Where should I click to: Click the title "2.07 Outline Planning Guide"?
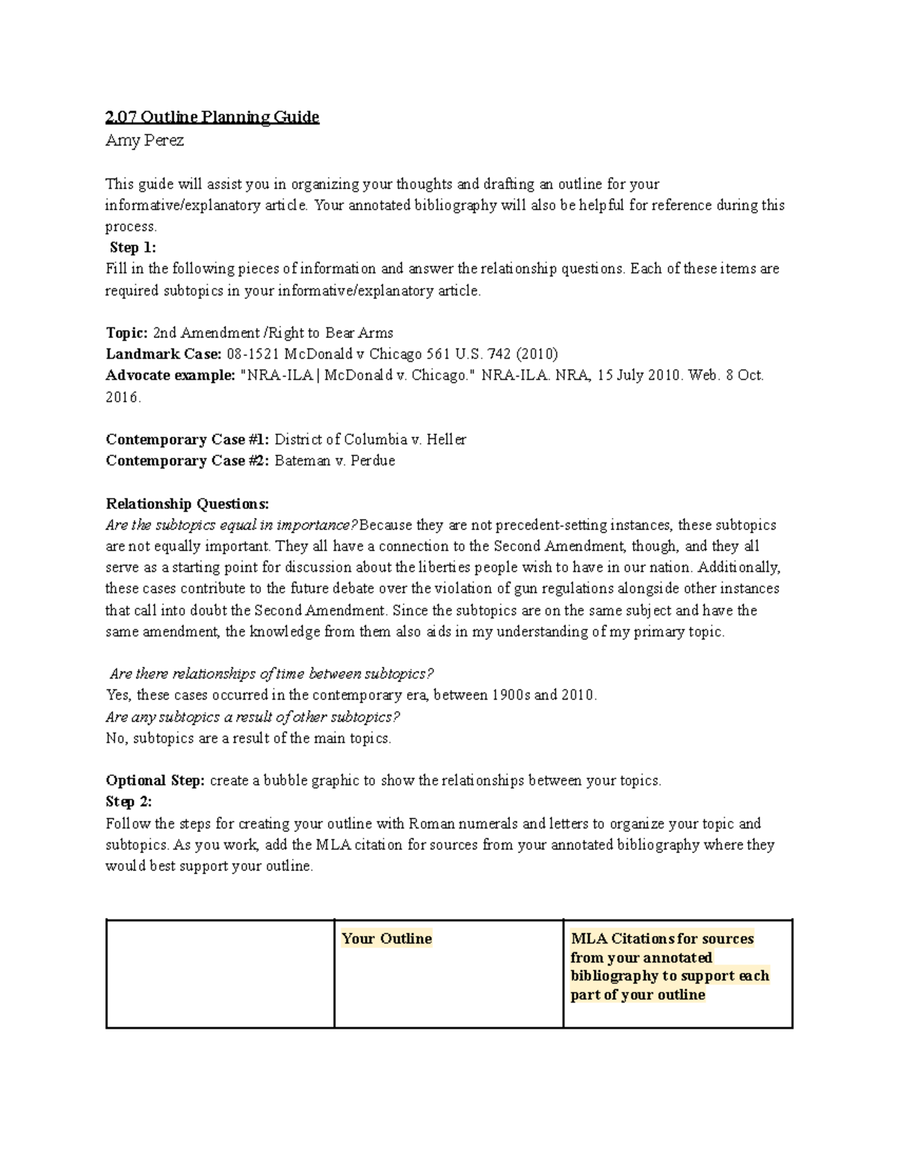pos(212,117)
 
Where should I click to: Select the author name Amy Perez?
pos(144,141)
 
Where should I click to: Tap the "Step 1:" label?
pos(132,247)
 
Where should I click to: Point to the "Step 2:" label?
pos(129,801)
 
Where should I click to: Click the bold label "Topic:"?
pos(126,333)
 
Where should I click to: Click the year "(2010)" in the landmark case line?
pos(537,354)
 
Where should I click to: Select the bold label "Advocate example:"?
pos(170,375)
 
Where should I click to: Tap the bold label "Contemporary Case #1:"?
pos(188,440)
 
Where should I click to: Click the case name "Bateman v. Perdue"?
pos(335,461)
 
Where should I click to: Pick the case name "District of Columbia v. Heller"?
pos(371,440)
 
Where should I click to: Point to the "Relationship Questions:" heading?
pos(187,503)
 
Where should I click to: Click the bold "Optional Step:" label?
pos(155,780)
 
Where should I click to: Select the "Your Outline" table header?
pos(386,939)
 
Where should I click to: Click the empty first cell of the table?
pos(220,973)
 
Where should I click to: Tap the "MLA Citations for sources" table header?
pos(662,939)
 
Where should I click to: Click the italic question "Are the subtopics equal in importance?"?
pos(232,525)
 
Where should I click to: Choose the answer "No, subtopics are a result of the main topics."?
pos(248,739)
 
